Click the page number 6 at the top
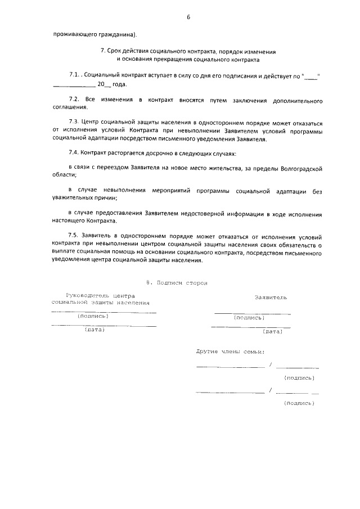click(188, 17)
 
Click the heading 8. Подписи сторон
click(177, 283)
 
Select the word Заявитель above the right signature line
click(271, 296)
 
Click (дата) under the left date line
click(94, 330)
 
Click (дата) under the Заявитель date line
click(272, 331)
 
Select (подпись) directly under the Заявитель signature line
click(249, 318)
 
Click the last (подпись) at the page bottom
click(299, 403)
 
